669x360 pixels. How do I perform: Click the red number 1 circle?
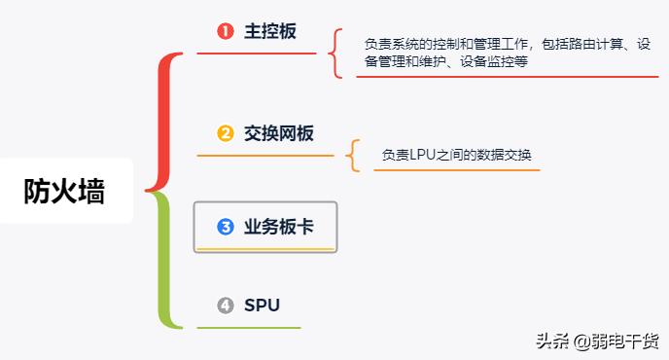pyautogui.click(x=226, y=31)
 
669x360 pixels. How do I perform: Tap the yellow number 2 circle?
pyautogui.click(x=226, y=133)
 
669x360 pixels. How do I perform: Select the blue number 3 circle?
pyautogui.click(x=226, y=227)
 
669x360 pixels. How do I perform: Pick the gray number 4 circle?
pyautogui.click(x=226, y=306)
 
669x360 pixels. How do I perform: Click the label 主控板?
pyautogui.click(x=269, y=31)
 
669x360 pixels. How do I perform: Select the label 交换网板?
pyautogui.click(x=279, y=133)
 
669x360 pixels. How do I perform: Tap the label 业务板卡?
pyautogui.click(x=278, y=227)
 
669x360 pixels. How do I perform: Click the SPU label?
pyautogui.click(x=262, y=306)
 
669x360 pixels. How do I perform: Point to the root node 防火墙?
pyautogui.click(x=64, y=191)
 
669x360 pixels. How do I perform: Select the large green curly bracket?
pyautogui.click(x=165, y=259)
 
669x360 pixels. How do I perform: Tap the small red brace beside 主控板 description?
pyautogui.click(x=335, y=53)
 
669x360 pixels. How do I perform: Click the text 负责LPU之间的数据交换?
pyautogui.click(x=456, y=155)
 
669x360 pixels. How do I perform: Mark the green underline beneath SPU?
pyautogui.click(x=248, y=327)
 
